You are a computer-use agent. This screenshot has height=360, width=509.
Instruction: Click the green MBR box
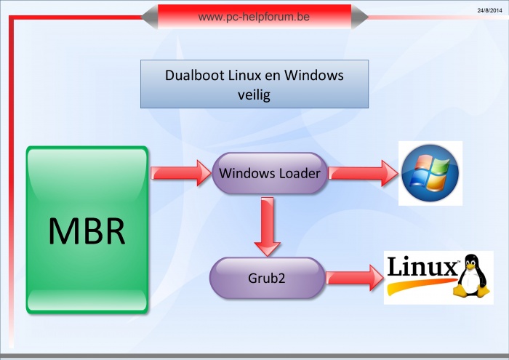[87, 230]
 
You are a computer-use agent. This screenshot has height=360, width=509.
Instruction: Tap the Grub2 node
[267, 277]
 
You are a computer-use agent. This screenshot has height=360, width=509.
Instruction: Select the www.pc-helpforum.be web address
[254, 16]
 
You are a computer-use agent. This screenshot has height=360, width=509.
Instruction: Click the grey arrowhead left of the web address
[149, 17]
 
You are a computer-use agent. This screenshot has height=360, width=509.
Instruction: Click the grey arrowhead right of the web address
[360, 17]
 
